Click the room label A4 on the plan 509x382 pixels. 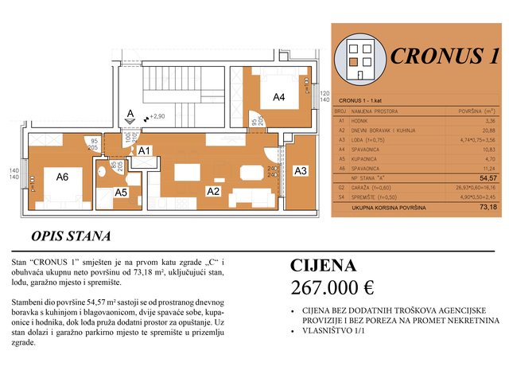(x=279, y=97)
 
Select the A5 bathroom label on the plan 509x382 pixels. (x=121, y=192)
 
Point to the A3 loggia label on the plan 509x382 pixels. (x=301, y=171)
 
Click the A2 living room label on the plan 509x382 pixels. (x=213, y=191)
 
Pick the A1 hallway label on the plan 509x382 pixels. (x=144, y=150)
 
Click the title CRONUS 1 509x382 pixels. (x=446, y=56)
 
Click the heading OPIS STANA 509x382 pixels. (x=71, y=236)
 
